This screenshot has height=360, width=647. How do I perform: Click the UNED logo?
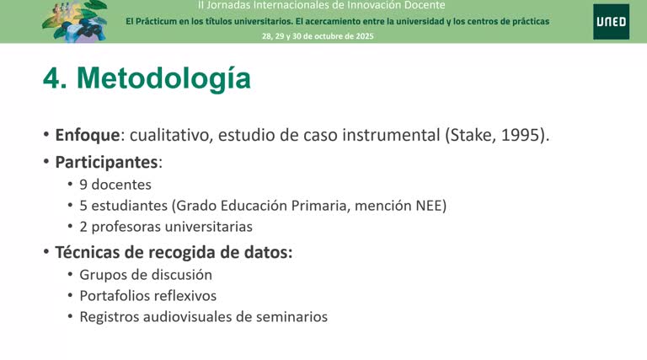pyautogui.click(x=610, y=21)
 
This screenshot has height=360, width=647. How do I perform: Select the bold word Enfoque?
pyautogui.click(x=85, y=135)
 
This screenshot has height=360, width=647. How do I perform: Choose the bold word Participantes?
pyautogui.click(x=107, y=161)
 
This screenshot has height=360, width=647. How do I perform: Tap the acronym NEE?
pyautogui.click(x=431, y=205)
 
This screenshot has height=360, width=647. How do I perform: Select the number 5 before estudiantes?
pyautogui.click(x=83, y=205)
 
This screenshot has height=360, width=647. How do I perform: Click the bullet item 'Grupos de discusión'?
pyautogui.click(x=145, y=274)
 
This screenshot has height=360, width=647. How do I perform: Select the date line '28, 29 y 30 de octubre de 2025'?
pyautogui.click(x=318, y=36)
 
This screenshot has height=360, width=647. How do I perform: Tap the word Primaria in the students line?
pyautogui.click(x=321, y=205)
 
